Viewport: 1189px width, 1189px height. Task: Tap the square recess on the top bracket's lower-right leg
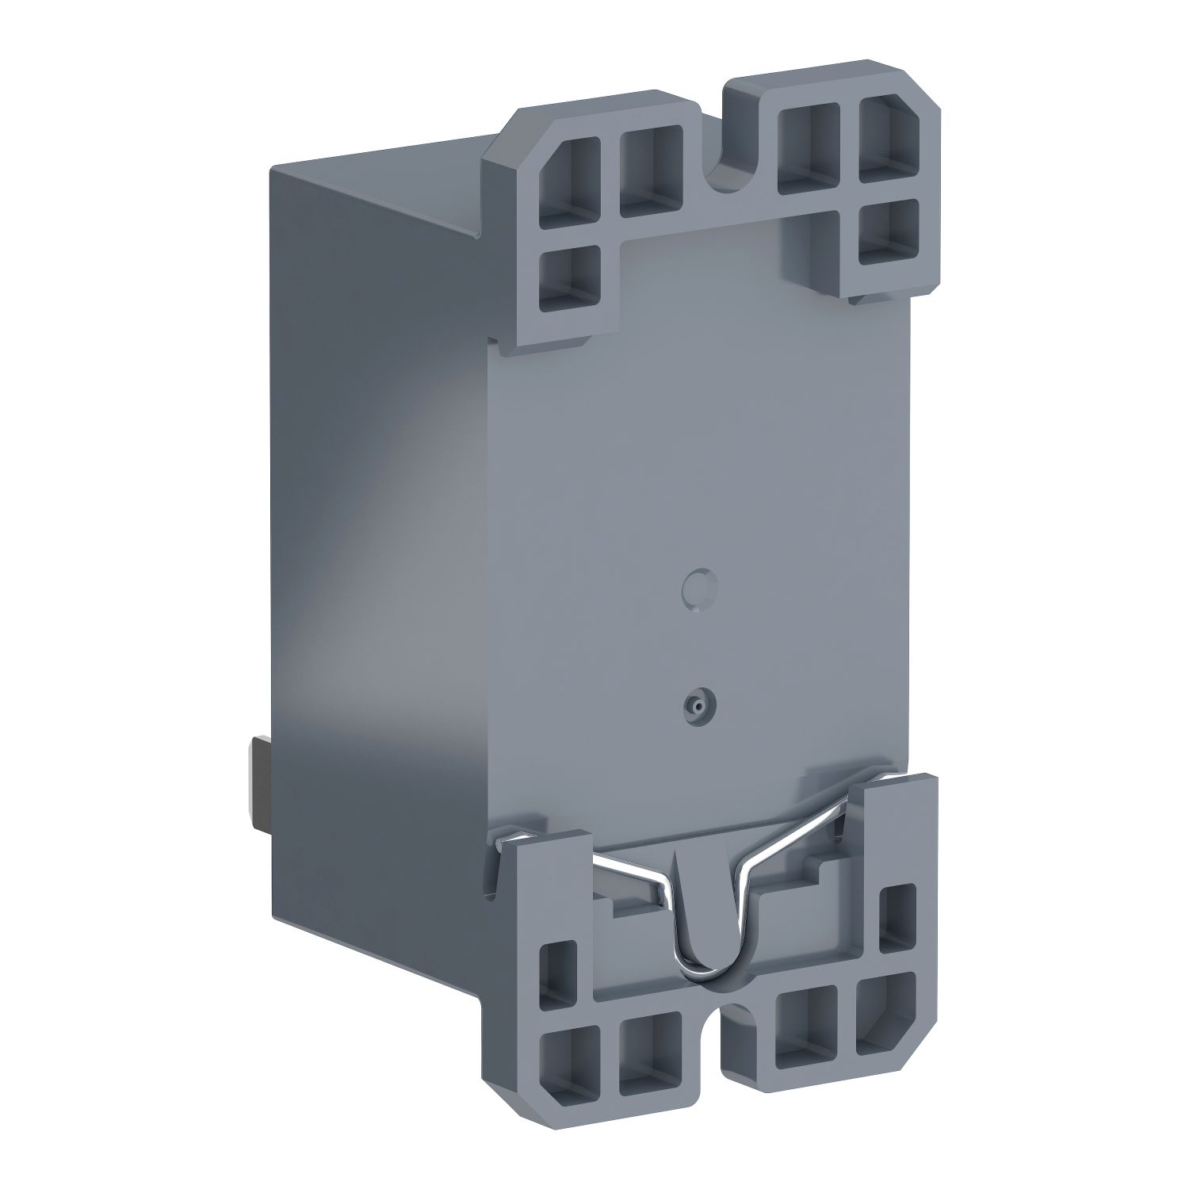coord(889,233)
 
